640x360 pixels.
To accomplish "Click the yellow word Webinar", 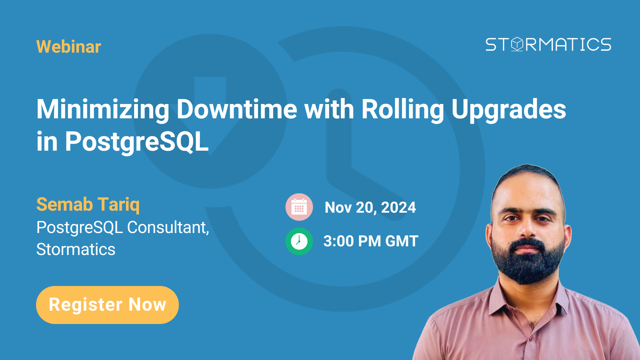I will [69, 47].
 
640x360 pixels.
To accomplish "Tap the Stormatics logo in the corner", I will [548, 44].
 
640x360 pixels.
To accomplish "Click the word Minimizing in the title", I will [103, 109].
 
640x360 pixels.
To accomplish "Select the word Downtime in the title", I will [237, 109].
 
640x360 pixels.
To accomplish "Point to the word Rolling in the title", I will [403, 109].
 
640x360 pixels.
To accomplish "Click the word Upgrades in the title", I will [509, 109].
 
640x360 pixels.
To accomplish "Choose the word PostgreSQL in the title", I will [137, 141].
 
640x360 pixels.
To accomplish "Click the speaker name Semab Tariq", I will [88, 204].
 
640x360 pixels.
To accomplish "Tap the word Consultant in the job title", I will [168, 227].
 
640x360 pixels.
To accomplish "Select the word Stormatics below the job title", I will [76, 249].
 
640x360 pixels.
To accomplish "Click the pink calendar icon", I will [299, 207].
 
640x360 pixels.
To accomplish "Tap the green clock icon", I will [299, 241].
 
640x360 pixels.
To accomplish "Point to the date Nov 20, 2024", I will [370, 207].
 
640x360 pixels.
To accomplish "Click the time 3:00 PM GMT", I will [371, 241].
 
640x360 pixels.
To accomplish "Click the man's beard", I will [527, 267].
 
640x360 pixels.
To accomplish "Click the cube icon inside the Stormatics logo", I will [517, 44].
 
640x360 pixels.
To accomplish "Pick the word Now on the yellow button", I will [147, 305].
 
